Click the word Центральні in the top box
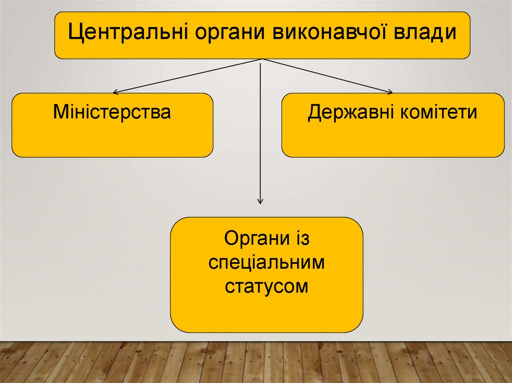pyautogui.click(x=127, y=33)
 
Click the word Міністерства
pyautogui.click(x=112, y=112)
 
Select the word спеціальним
pyautogui.click(x=267, y=263)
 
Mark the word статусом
pyautogui.click(x=267, y=287)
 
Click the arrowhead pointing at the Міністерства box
pyautogui.click(x=115, y=92)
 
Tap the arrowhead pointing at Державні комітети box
pyautogui.click(x=390, y=91)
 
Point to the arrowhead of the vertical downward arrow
pyautogui.click(x=260, y=201)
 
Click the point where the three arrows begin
pyautogui.click(x=260, y=59)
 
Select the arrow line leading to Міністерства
pyautogui.click(x=187, y=76)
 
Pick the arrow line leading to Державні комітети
pyautogui.click(x=326, y=75)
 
